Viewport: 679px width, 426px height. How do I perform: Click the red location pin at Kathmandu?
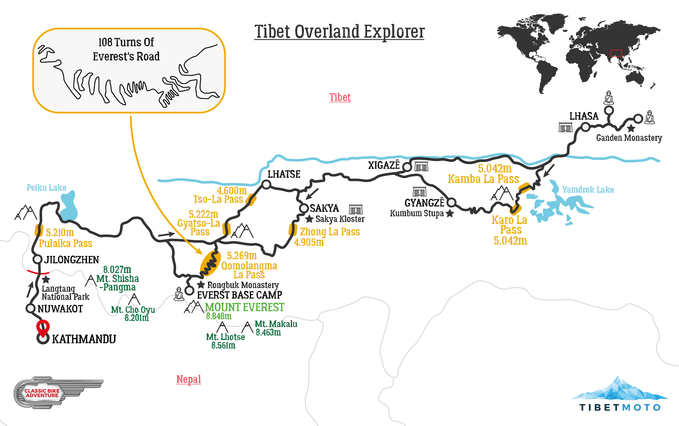click(x=43, y=327)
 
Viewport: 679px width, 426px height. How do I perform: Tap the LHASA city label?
click(x=584, y=116)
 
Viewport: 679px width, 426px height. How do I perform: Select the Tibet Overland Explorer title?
click(x=339, y=32)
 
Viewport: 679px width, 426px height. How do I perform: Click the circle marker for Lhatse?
click(x=266, y=185)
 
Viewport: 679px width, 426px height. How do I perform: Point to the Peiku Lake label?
click(x=46, y=187)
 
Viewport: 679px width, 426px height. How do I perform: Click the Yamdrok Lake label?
click(x=588, y=189)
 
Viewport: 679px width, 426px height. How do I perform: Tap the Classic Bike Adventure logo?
click(x=42, y=393)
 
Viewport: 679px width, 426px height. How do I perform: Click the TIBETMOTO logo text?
click(x=620, y=407)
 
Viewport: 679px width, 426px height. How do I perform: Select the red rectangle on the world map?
click(x=616, y=53)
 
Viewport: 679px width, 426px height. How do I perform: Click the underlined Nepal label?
click(x=189, y=379)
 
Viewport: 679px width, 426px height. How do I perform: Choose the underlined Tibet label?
click(x=340, y=97)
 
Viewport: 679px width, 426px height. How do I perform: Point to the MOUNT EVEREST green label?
click(x=245, y=307)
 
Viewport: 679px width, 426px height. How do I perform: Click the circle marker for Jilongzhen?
click(x=38, y=259)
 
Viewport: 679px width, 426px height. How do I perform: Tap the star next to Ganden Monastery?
click(x=631, y=129)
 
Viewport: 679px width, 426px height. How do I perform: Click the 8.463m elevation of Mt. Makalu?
click(x=268, y=333)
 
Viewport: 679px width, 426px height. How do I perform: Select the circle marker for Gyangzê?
click(x=451, y=202)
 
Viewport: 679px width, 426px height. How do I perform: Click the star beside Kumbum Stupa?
click(x=449, y=213)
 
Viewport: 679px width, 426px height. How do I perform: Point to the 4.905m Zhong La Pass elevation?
click(x=309, y=243)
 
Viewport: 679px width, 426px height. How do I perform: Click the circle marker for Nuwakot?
click(x=30, y=308)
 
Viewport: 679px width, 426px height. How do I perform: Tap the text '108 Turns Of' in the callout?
click(x=126, y=42)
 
